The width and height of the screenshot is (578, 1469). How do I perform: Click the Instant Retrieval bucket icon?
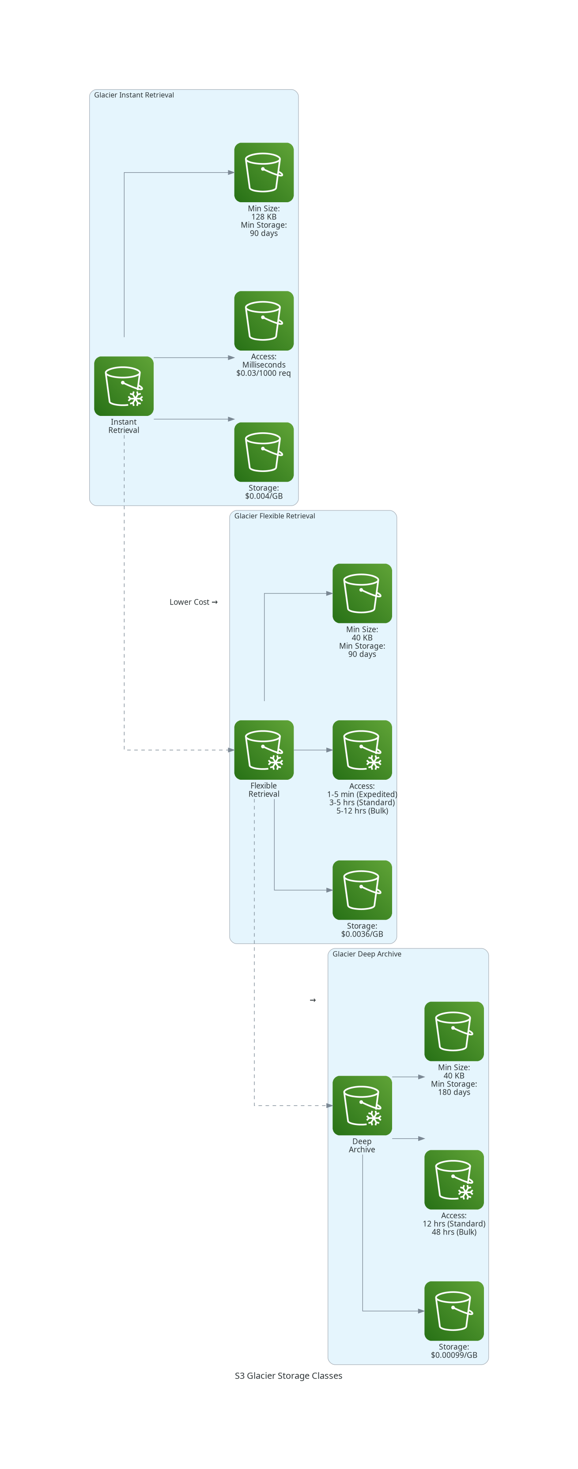tap(124, 386)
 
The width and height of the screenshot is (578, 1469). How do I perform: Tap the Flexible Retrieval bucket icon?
tap(264, 750)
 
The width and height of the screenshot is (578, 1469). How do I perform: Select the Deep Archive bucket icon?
tap(362, 1106)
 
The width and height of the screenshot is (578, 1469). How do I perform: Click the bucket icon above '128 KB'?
tap(264, 172)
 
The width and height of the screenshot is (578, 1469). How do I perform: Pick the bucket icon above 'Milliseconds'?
tap(264, 321)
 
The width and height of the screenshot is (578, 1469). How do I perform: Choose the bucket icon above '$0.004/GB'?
tap(264, 452)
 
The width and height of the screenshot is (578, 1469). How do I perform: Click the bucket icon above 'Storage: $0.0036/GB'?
tap(362, 890)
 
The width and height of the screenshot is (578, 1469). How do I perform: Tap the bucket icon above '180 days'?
tap(454, 1031)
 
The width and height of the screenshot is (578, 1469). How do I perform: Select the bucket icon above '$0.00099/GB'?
tap(454, 1311)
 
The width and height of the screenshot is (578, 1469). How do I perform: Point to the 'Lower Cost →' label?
tap(194, 602)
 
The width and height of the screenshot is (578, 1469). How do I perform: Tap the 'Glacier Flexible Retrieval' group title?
tap(275, 516)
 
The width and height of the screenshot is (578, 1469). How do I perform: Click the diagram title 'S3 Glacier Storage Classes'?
tap(288, 1375)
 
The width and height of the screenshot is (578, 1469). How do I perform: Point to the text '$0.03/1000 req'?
tap(264, 373)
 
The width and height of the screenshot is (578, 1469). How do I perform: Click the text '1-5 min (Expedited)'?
tap(362, 794)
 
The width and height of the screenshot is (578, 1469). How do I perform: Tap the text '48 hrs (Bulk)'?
tap(454, 1232)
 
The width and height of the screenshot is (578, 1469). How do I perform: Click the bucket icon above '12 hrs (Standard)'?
tap(454, 1180)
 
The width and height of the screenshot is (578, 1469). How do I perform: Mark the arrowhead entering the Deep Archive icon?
tap(329, 1106)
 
